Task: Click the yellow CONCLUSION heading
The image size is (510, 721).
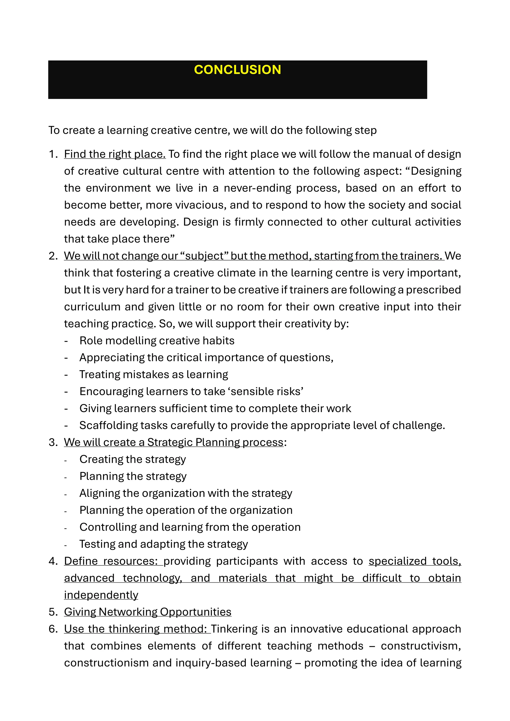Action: point(237,70)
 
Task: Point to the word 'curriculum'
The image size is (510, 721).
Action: point(92,307)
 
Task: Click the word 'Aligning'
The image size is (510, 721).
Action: point(100,493)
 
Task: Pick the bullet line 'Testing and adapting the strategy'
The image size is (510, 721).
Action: point(164,544)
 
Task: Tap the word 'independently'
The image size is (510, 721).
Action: point(101,595)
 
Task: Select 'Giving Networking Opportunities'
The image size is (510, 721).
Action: point(148,612)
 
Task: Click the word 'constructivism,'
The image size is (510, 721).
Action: point(421,646)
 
